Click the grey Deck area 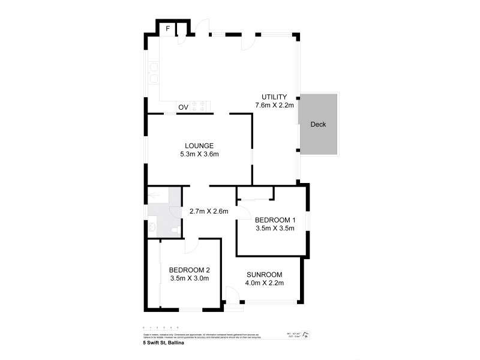pos(319,124)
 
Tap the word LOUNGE pos(199,146)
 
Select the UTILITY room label pos(274,97)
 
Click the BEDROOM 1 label pos(275,220)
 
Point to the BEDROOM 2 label pos(189,270)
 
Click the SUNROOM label pos(265,274)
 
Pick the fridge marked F pos(168,28)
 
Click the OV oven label pos(183,107)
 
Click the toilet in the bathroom pos(152,227)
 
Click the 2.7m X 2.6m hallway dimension pos(209,211)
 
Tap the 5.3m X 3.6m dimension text pos(199,154)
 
